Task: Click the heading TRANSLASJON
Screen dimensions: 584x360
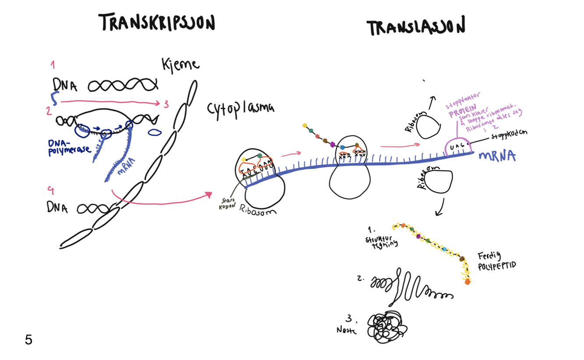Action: pyautogui.click(x=415, y=27)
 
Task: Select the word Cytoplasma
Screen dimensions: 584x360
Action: pyautogui.click(x=240, y=108)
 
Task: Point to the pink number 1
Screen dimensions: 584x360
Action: pyautogui.click(x=53, y=66)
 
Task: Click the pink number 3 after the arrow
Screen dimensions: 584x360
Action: pyautogui.click(x=166, y=105)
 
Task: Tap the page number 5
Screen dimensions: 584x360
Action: pyautogui.click(x=28, y=340)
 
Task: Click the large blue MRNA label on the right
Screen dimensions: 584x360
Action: pyautogui.click(x=497, y=156)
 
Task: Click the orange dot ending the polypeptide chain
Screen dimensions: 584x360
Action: pyautogui.click(x=468, y=282)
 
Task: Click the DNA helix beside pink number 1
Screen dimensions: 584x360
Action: pyautogui.click(x=123, y=85)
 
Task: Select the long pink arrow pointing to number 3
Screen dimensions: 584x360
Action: pyautogui.click(x=109, y=102)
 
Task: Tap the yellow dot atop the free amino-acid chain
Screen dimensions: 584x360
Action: pyautogui.click(x=305, y=126)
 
